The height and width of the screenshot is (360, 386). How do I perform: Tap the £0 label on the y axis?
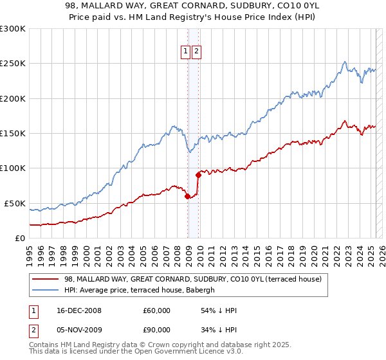[x=19, y=238]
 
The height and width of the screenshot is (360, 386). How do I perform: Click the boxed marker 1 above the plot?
[x=185, y=53]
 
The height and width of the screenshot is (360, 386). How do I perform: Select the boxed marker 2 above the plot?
[x=196, y=53]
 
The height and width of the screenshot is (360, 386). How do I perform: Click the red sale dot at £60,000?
[x=187, y=197]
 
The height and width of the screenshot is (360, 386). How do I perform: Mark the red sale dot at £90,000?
[x=198, y=175]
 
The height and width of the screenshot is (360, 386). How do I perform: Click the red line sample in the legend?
[x=46, y=279]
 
